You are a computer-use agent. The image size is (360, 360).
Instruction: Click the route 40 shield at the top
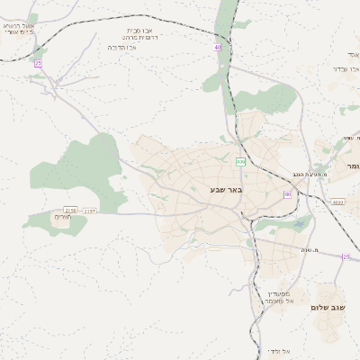coord(218,47)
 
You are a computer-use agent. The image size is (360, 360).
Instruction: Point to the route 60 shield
coord(288,193)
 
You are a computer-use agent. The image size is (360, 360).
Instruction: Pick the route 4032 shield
coord(337,202)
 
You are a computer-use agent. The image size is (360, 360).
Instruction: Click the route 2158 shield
coord(70,210)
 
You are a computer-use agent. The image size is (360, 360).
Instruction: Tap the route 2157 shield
coord(89,210)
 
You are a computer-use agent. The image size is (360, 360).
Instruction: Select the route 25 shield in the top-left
coord(38,64)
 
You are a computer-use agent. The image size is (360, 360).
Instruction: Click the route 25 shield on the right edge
coord(346,256)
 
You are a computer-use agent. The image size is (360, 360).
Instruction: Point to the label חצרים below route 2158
coord(61,217)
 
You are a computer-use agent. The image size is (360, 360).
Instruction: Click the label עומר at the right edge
coord(351,166)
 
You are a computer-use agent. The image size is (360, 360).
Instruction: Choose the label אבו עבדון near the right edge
coord(346,67)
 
